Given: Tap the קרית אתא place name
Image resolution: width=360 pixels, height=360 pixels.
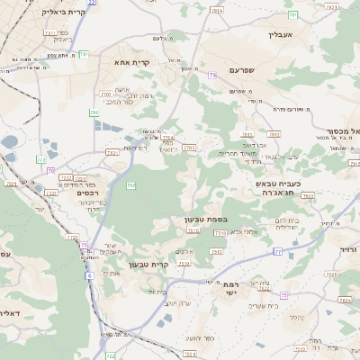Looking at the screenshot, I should click(132, 63).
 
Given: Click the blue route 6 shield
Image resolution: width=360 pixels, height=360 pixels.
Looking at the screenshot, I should click(90, 274).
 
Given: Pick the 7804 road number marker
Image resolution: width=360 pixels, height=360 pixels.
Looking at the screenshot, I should click(216, 10).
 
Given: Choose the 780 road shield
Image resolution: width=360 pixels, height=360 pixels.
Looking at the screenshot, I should click(94, 112).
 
